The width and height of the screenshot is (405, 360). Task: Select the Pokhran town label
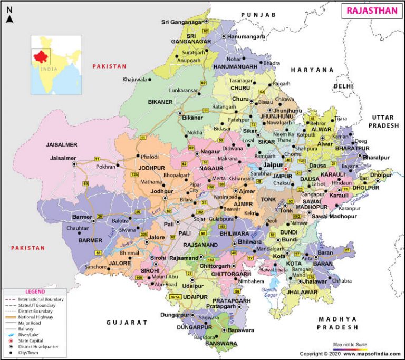click(x=105, y=167)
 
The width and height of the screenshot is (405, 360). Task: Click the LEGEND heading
click(x=35, y=291)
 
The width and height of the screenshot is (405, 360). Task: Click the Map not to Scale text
click(x=350, y=344)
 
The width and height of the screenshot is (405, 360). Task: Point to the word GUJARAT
click(x=127, y=322)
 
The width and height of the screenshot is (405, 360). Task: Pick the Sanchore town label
click(x=95, y=267)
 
